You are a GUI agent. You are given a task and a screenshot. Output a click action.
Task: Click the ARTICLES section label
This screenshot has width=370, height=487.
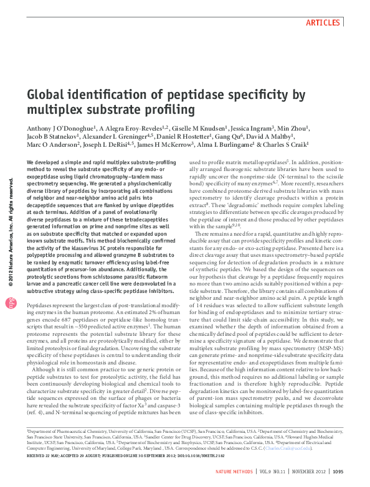pyautogui.click(x=322, y=22)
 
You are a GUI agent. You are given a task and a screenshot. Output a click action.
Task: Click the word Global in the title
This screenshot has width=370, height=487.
pyautogui.click(x=49, y=95)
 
